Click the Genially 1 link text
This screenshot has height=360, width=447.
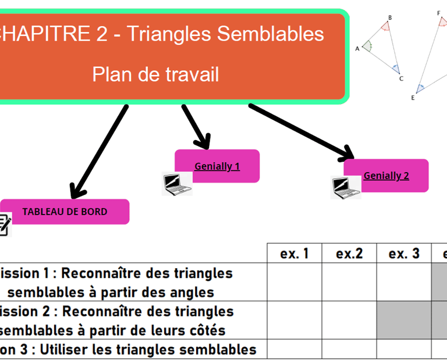217,166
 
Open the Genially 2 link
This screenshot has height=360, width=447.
386,176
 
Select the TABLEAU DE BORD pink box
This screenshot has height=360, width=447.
65,212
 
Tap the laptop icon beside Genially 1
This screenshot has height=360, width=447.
177,184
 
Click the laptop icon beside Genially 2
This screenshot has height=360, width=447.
346,187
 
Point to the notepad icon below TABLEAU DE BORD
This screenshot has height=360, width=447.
5,224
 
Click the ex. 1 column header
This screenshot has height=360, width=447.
294,254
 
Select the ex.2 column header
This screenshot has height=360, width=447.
349,254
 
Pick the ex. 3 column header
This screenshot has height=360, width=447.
404,254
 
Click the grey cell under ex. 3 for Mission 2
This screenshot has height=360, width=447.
404,320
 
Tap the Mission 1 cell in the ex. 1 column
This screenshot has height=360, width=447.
294,283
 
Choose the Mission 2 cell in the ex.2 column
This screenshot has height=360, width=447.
349,320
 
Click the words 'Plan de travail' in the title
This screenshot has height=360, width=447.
155,74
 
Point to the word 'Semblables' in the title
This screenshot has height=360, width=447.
270,34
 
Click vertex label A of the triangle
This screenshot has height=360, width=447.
357,49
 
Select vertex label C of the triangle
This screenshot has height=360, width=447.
401,79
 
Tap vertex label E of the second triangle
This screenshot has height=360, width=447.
413,98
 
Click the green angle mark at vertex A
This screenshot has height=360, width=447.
368,45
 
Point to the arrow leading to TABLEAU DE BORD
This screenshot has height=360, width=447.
99,151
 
